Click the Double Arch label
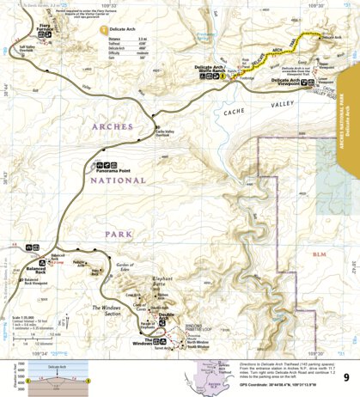(x=167, y=318)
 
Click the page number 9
(x=345, y=376)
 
